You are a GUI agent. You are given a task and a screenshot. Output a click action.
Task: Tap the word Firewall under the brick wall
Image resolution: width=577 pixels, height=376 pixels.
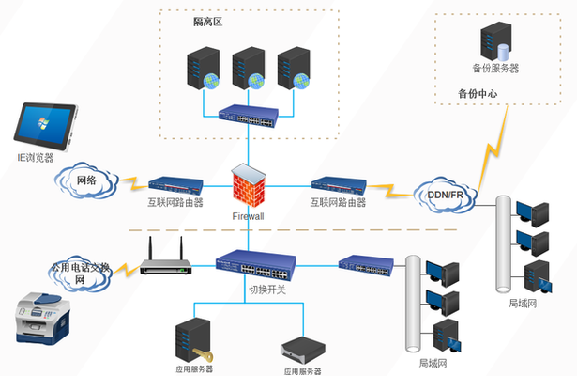(249, 216)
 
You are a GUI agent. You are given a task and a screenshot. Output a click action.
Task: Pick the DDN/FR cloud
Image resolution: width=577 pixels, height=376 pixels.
(446, 194)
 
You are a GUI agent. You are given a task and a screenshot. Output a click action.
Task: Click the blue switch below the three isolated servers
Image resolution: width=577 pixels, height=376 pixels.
(249, 117)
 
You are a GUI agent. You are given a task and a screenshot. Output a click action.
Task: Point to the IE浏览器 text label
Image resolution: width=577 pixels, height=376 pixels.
(38, 157)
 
